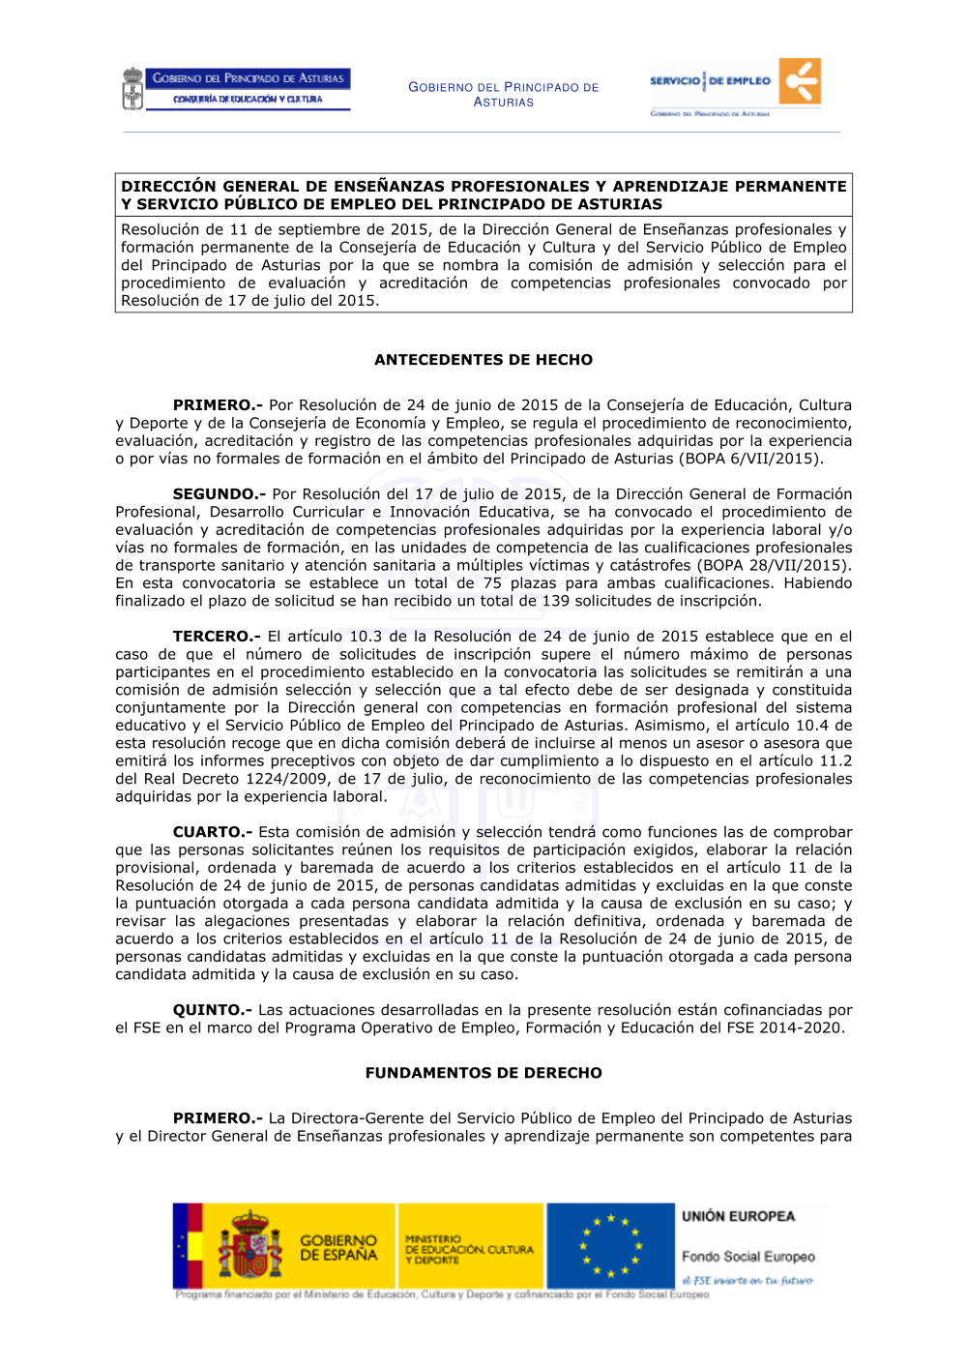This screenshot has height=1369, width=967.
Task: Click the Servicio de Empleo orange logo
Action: pos(801,81)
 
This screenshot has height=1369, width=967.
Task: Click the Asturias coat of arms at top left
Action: pos(132,89)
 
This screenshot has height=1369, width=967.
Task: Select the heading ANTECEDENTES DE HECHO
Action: pos(483,360)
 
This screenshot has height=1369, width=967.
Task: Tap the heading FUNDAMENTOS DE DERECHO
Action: pos(483,1073)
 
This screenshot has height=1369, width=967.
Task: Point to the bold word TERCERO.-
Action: pos(217,637)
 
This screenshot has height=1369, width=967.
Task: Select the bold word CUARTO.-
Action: pos(213,832)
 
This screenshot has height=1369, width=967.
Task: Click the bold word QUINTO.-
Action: pos(213,1010)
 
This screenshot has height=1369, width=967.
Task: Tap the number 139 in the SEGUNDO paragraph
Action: pos(555,601)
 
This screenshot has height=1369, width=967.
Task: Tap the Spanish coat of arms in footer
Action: pos(249,1246)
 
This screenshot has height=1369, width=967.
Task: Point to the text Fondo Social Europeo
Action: pos(747,1257)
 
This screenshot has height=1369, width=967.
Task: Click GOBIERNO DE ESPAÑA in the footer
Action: pos(338,1247)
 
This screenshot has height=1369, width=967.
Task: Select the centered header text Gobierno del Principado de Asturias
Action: pos(503,94)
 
